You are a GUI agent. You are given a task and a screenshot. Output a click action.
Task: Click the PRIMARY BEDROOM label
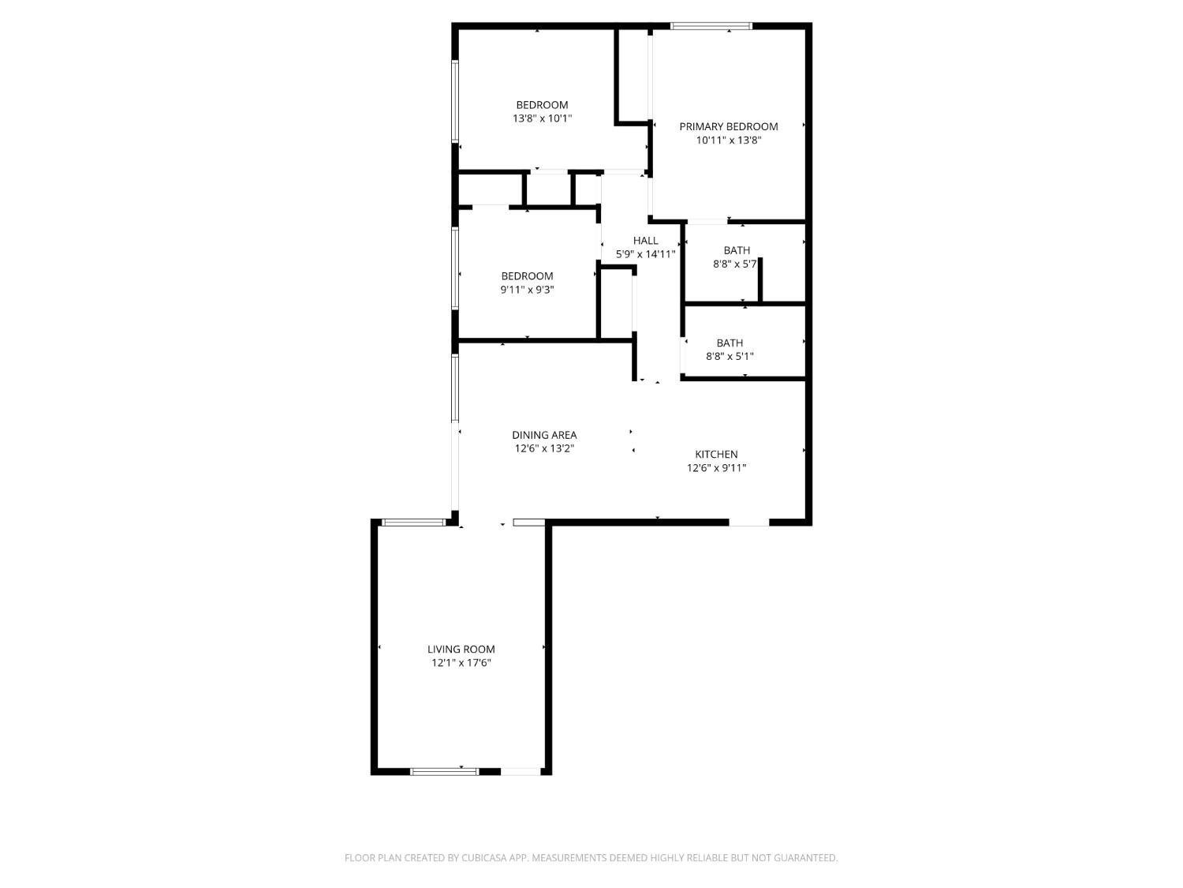pyautogui.click(x=728, y=126)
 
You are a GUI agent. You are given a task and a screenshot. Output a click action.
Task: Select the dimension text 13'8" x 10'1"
pyautogui.click(x=542, y=119)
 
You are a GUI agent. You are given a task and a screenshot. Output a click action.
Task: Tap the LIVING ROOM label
pyautogui.click(x=461, y=650)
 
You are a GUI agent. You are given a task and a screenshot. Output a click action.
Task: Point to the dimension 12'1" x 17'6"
pyautogui.click(x=461, y=664)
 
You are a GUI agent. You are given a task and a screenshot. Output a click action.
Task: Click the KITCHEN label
pyautogui.click(x=716, y=455)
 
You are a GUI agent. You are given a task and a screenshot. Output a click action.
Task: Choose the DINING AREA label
pyautogui.click(x=544, y=435)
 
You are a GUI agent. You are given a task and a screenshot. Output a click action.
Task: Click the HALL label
pyautogui.click(x=645, y=241)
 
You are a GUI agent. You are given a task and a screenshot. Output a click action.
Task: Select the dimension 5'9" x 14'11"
pyautogui.click(x=645, y=255)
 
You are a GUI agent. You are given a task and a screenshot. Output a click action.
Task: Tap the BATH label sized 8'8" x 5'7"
pyautogui.click(x=737, y=251)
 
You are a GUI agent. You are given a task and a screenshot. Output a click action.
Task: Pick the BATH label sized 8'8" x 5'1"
pyautogui.click(x=730, y=343)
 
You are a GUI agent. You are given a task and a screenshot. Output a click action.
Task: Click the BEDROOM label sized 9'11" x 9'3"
pyautogui.click(x=527, y=276)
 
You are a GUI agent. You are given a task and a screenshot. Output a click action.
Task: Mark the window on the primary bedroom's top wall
pyautogui.click(x=711, y=26)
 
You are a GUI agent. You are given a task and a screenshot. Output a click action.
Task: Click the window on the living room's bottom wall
pyautogui.click(x=444, y=771)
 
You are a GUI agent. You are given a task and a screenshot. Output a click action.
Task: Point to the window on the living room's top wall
pyautogui.click(x=413, y=522)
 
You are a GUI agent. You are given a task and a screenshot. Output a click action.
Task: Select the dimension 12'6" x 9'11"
pyautogui.click(x=716, y=468)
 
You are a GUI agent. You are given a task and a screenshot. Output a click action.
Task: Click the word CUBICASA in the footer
pyautogui.click(x=483, y=858)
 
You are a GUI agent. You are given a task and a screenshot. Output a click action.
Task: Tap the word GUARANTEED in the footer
pyautogui.click(x=810, y=858)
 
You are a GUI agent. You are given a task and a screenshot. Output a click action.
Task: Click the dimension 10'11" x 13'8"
pyautogui.click(x=728, y=141)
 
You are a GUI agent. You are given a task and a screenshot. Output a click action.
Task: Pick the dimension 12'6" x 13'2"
pyautogui.click(x=544, y=448)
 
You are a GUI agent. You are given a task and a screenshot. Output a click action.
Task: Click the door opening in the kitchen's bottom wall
pyautogui.click(x=748, y=522)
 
